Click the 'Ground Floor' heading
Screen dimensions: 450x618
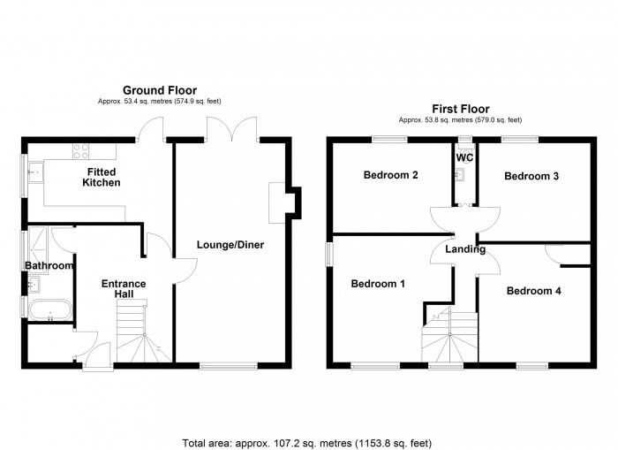point(159,90)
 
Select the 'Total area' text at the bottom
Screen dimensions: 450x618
point(308,441)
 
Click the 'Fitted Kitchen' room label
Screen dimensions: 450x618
point(102,177)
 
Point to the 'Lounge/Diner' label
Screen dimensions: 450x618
point(230,244)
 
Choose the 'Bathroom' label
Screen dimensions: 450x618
point(48,265)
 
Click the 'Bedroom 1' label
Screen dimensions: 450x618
point(378,284)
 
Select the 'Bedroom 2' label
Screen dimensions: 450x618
point(390,175)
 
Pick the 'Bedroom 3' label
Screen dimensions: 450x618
point(531,176)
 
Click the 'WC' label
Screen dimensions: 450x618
point(464,157)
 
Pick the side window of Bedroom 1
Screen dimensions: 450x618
point(328,254)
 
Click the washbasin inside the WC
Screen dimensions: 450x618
point(459,174)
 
